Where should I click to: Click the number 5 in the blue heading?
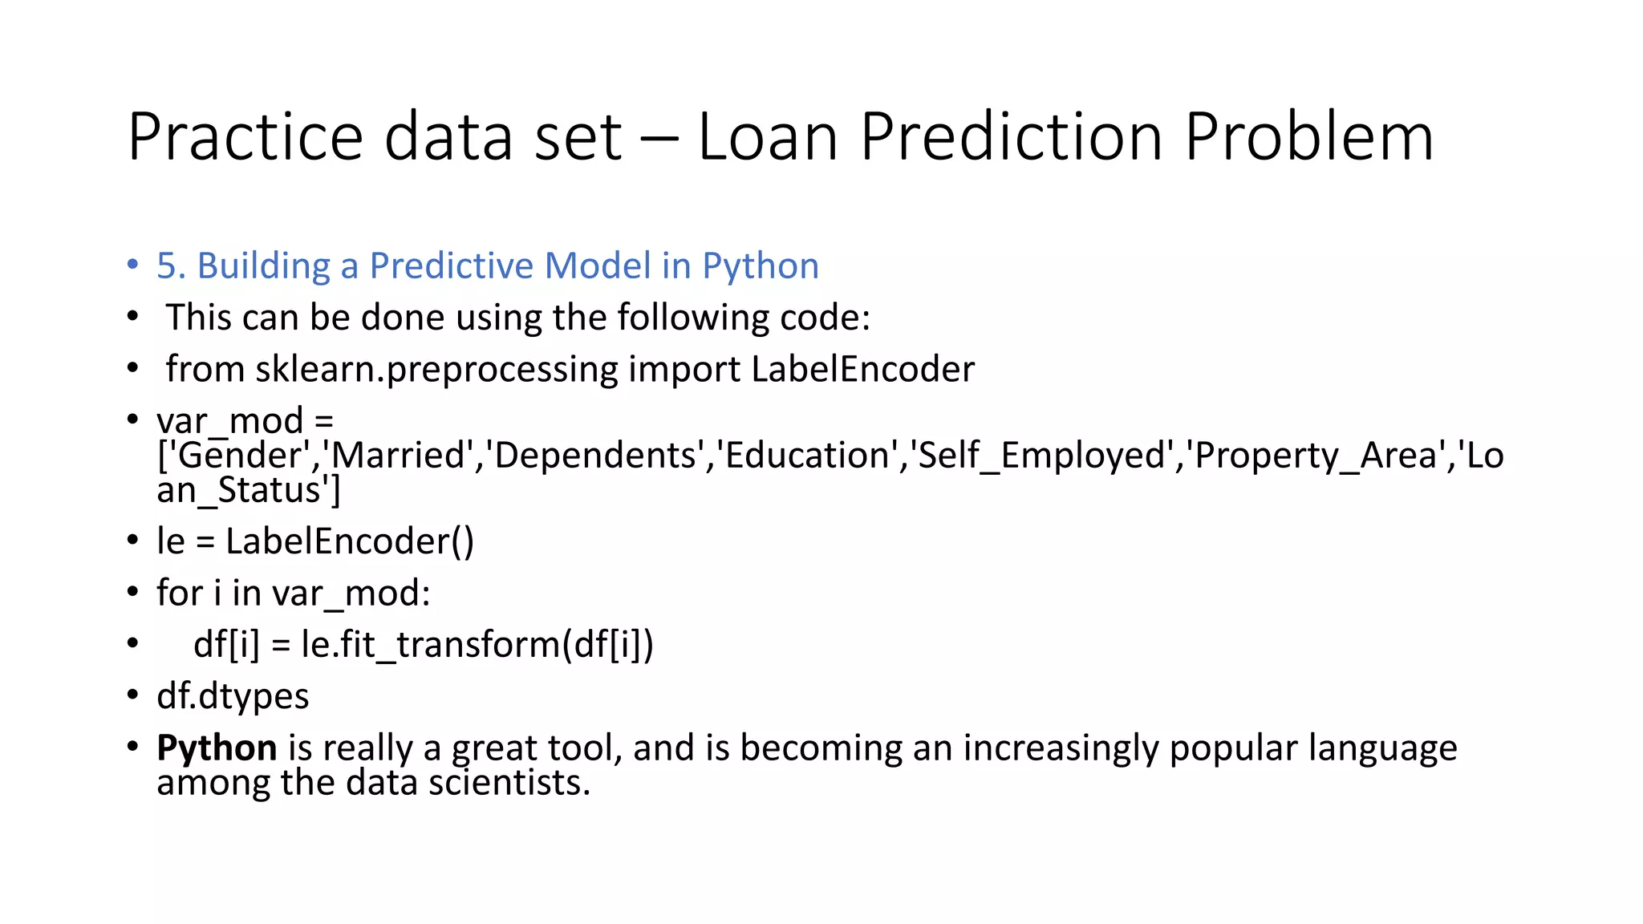coord(166,266)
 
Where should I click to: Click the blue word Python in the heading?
coord(761,266)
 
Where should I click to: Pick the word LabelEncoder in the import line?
coord(862,369)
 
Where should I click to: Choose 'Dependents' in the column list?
coord(594,456)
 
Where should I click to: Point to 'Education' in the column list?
coord(808,456)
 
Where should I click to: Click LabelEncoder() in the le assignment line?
coord(350,541)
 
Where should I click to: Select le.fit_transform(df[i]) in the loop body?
coord(477,644)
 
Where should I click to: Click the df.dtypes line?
coord(233,696)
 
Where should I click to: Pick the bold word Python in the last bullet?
coord(217,748)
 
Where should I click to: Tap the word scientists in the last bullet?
coord(509,783)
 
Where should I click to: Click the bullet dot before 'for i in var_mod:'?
coord(132,593)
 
